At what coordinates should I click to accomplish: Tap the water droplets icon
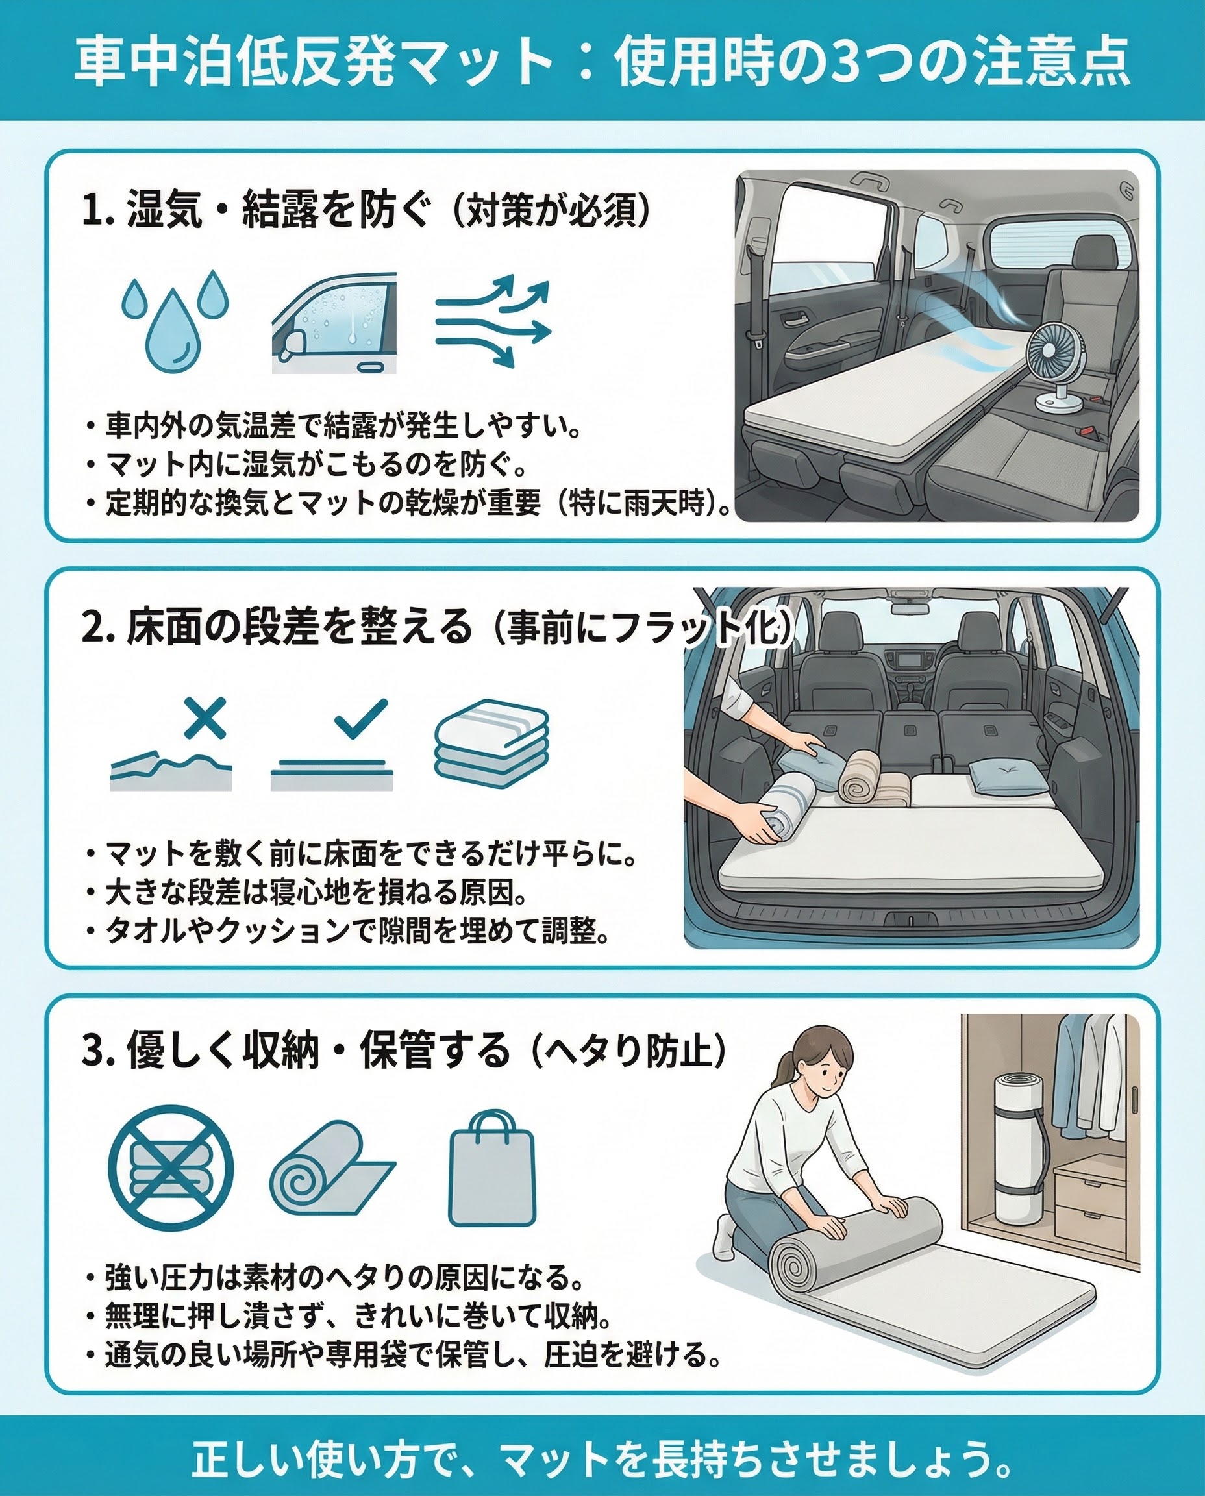coord(175,321)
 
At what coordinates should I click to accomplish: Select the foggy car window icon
coord(334,323)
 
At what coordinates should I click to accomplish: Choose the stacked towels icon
coord(491,742)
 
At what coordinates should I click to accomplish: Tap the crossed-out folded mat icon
coord(171,1167)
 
